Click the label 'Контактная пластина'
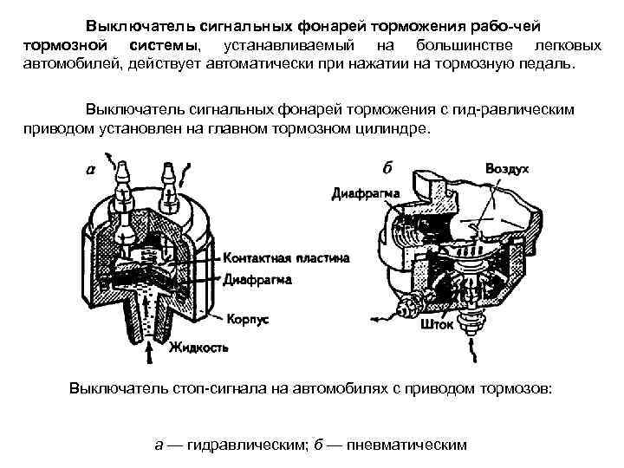pyautogui.click(x=286, y=258)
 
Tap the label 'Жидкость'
pyautogui.click(x=199, y=348)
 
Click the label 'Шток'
pyautogui.click(x=435, y=327)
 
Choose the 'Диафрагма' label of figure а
pyautogui.click(x=257, y=280)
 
